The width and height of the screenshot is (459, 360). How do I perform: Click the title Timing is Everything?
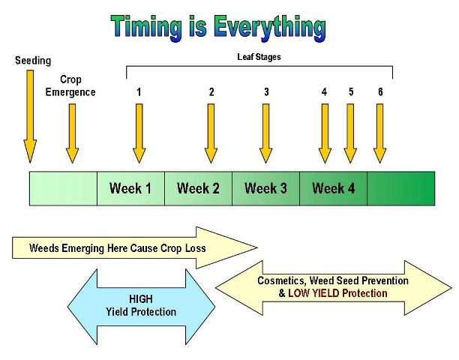(217, 27)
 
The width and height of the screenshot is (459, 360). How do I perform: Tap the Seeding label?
(32, 60)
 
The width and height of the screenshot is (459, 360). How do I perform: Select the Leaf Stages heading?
(259, 56)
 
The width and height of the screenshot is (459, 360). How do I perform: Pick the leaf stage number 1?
(139, 92)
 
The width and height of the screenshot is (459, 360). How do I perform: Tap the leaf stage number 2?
(211, 92)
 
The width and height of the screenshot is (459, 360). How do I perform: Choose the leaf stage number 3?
(266, 92)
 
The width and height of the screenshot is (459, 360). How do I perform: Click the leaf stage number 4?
(324, 92)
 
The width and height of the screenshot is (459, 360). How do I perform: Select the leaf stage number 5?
(350, 92)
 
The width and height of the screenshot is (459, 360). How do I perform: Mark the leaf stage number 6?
(380, 92)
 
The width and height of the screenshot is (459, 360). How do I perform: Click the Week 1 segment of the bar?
(130, 188)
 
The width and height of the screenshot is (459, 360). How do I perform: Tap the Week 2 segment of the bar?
(198, 188)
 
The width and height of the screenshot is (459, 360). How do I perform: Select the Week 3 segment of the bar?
(265, 188)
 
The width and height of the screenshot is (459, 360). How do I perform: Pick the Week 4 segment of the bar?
(333, 188)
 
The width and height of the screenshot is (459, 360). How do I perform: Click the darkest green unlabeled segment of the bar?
(400, 188)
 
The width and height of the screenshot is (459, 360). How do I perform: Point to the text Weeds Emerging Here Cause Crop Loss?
(117, 247)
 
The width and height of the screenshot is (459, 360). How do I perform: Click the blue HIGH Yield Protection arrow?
(142, 306)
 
